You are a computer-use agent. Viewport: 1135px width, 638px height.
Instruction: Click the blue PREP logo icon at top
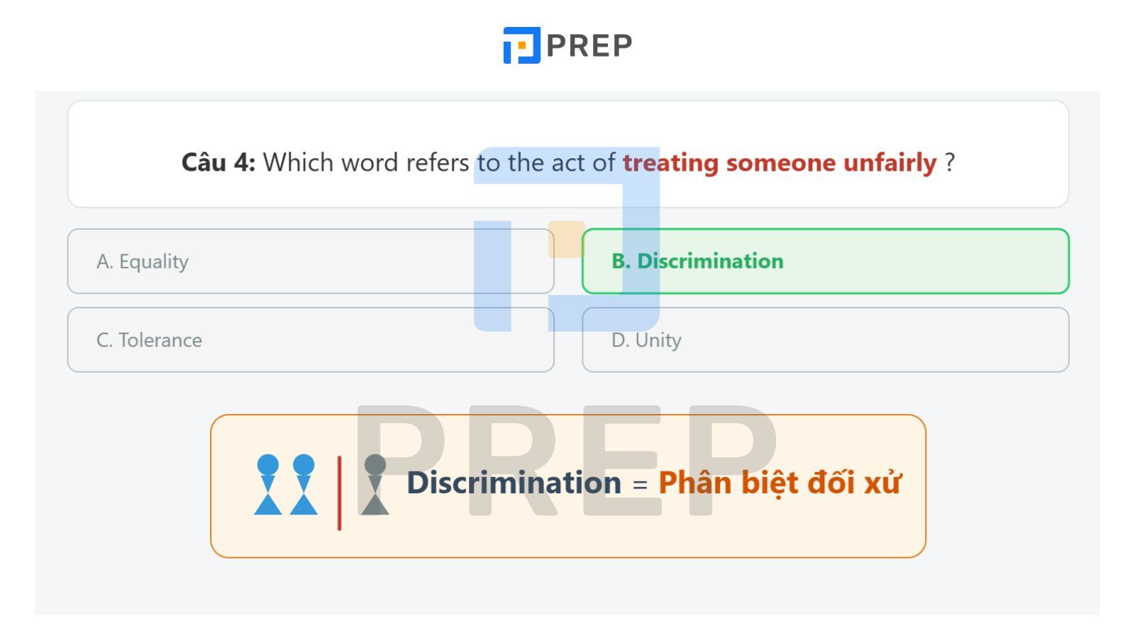pos(521,45)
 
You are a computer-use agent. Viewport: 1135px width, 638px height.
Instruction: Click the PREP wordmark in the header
pos(589,45)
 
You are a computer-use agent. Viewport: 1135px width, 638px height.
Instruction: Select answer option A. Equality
pos(311,262)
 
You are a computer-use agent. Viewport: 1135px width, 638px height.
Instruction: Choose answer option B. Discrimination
pos(826,262)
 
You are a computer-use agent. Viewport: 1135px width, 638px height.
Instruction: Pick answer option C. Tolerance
pos(311,340)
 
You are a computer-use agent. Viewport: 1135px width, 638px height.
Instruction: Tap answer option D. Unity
pos(826,340)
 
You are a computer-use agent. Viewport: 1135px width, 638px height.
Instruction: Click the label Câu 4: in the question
pos(218,162)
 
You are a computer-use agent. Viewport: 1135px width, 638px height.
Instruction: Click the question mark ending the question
pos(950,162)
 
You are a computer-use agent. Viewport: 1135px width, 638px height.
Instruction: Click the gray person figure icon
pos(375,485)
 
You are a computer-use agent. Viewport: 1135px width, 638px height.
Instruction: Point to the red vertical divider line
pos(340,493)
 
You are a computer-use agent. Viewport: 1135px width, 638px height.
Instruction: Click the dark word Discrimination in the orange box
pos(514,482)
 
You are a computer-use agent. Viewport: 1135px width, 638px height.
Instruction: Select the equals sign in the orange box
pos(640,485)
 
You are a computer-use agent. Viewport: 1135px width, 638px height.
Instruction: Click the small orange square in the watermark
pos(567,239)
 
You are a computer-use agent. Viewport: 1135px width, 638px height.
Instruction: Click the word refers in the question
pos(437,162)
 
